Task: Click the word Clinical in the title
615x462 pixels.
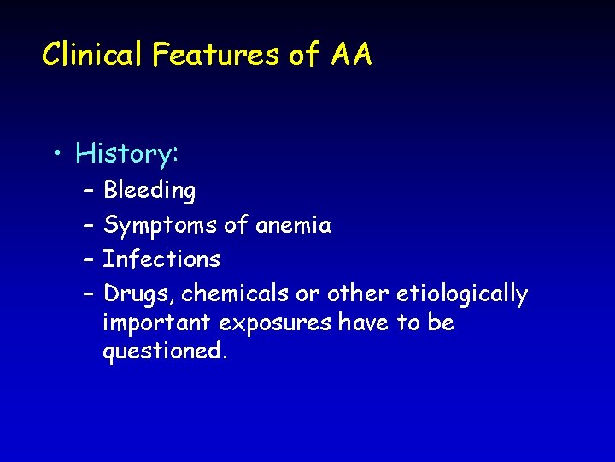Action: (x=94, y=56)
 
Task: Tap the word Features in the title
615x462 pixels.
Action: (x=217, y=56)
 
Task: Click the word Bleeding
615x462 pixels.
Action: (x=149, y=191)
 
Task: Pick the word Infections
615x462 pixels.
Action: (x=161, y=259)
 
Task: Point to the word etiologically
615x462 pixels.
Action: (x=462, y=294)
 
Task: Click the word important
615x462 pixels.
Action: (x=158, y=323)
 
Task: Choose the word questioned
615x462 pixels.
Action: (x=165, y=352)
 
